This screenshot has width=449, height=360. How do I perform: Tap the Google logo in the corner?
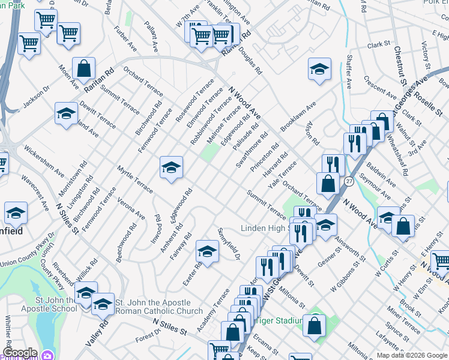[20, 353]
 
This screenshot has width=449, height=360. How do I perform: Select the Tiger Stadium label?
[277, 320]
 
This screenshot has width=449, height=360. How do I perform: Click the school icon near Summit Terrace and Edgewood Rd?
[171, 167]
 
